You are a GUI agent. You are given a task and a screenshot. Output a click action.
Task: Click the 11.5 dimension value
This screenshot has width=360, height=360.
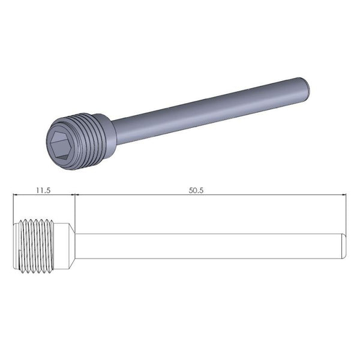click(x=42, y=189)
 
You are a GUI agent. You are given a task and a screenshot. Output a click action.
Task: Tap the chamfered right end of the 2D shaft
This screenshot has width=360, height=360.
click(x=343, y=246)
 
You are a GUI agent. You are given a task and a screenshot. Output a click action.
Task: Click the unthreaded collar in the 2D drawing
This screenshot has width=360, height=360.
click(x=64, y=246)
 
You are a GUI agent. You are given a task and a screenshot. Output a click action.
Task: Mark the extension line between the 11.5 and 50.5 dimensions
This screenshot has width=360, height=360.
click(x=73, y=207)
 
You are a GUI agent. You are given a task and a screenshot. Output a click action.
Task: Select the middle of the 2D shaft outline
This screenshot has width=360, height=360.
click(x=210, y=246)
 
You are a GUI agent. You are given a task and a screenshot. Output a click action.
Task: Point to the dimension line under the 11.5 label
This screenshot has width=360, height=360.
click(x=43, y=194)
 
